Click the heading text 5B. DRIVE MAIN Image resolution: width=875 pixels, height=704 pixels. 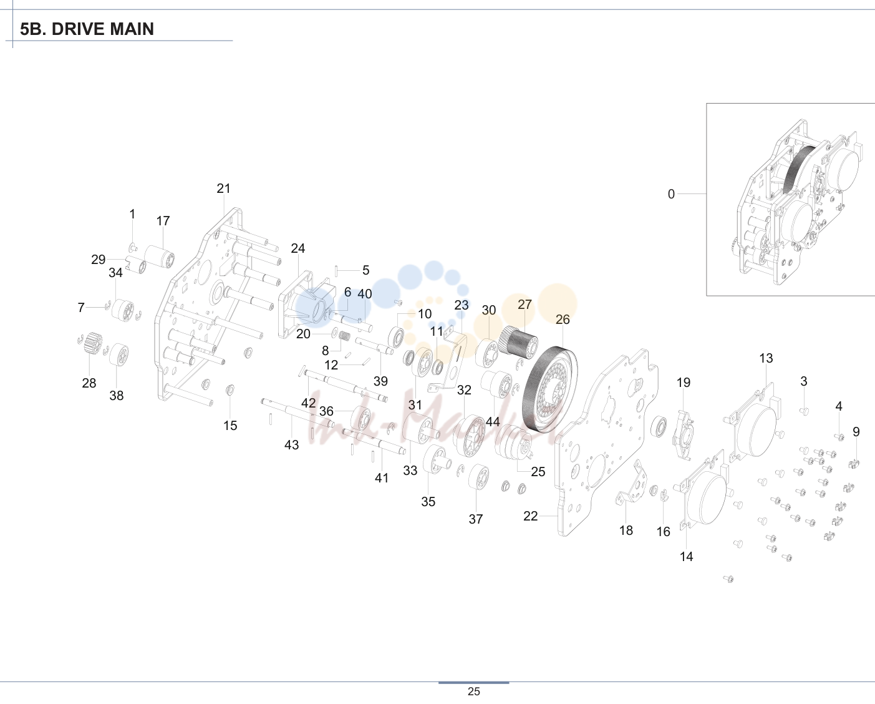point(87,29)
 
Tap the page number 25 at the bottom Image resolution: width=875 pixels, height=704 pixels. point(474,692)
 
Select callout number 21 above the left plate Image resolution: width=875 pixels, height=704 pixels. point(223,188)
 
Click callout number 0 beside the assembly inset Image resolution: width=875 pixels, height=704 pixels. point(671,194)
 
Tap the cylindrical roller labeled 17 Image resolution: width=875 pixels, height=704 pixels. point(160,257)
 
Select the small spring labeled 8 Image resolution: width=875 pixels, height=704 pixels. point(344,336)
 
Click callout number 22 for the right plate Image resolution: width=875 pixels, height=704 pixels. point(531,516)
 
